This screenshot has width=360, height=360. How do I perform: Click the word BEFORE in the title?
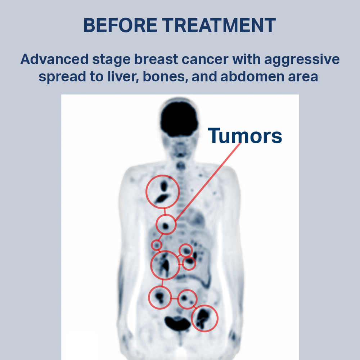pyautogui.click(x=120, y=25)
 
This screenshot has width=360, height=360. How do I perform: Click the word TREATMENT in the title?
pyautogui.click(x=219, y=25)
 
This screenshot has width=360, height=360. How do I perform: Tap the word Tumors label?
pyautogui.click(x=245, y=136)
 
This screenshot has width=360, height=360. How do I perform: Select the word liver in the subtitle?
pyautogui.click(x=123, y=76)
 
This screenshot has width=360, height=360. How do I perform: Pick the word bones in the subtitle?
pyautogui.click(x=164, y=76)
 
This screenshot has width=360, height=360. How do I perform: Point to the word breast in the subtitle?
pyautogui.click(x=156, y=59)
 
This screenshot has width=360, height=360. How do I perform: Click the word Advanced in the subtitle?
pyautogui.click(x=54, y=59)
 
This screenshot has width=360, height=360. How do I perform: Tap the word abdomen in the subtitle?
pyautogui.click(x=252, y=76)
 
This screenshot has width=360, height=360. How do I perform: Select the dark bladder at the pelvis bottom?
pyautogui.click(x=177, y=323)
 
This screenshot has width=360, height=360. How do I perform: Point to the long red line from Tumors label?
pyautogui.click(x=208, y=182)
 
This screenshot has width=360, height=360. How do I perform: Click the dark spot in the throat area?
pyautogui.click(x=181, y=165)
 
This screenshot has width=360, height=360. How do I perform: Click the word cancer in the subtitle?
pyautogui.click(x=205, y=59)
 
